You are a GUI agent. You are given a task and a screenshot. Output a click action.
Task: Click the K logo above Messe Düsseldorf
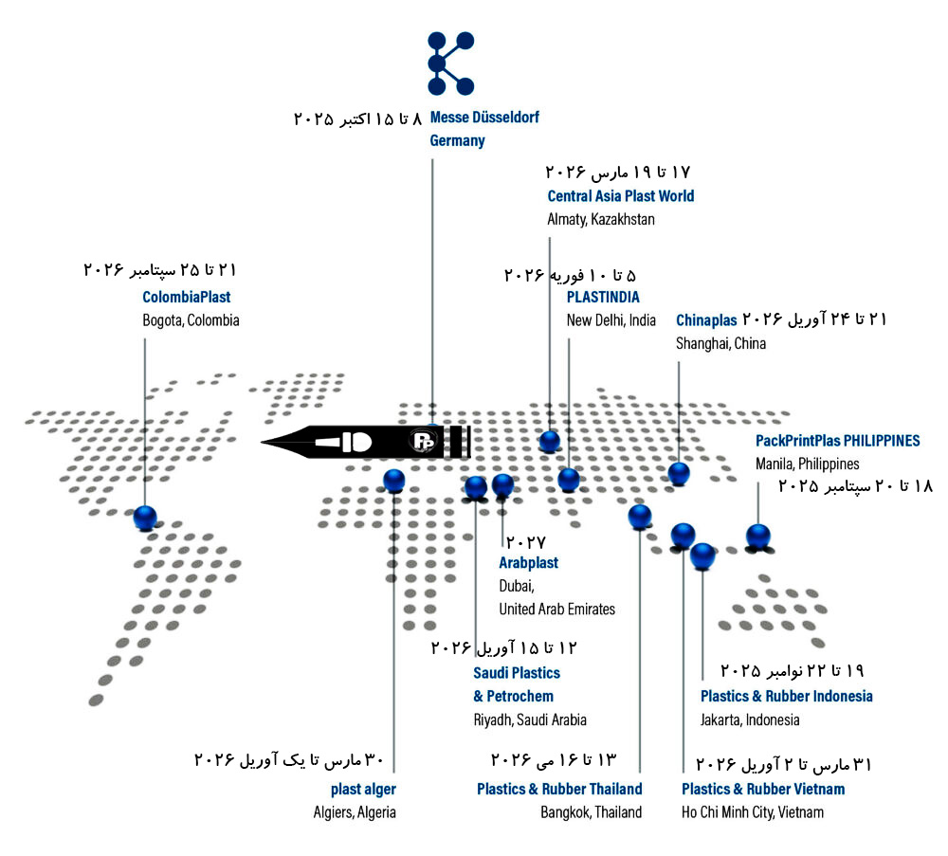click(x=450, y=64)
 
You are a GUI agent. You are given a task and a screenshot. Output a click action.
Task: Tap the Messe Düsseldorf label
click(x=484, y=118)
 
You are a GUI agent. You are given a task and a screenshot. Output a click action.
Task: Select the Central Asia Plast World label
click(x=620, y=196)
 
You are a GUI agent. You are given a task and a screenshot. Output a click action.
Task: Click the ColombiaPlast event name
click(x=186, y=297)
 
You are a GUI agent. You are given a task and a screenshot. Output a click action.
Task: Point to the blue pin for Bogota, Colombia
click(x=145, y=519)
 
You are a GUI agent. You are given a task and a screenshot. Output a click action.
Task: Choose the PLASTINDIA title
click(x=603, y=297)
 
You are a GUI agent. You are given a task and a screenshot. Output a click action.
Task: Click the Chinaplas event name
click(x=706, y=320)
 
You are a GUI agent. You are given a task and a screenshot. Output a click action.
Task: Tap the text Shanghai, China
click(x=720, y=343)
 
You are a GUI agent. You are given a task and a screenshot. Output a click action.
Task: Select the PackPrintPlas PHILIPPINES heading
click(x=837, y=441)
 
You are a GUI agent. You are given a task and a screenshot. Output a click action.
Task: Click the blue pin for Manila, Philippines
click(x=758, y=537)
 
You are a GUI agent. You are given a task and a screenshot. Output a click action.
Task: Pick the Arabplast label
click(x=528, y=563)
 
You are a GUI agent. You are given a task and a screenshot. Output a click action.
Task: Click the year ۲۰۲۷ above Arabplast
click(x=525, y=541)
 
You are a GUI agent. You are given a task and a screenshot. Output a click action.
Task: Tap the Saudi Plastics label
click(x=517, y=673)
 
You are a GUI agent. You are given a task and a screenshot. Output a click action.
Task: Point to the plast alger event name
click(x=363, y=789)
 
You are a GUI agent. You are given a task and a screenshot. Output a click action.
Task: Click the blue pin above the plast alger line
click(x=394, y=482)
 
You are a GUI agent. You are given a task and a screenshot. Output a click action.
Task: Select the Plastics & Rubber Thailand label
click(x=559, y=789)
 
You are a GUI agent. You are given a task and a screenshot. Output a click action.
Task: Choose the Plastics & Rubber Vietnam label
click(x=763, y=789)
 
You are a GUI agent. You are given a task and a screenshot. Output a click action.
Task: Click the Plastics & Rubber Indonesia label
click(x=786, y=696)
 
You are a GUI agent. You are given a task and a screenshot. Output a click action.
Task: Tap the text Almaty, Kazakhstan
click(x=601, y=219)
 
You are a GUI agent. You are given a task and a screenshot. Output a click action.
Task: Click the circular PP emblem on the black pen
click(x=423, y=441)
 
